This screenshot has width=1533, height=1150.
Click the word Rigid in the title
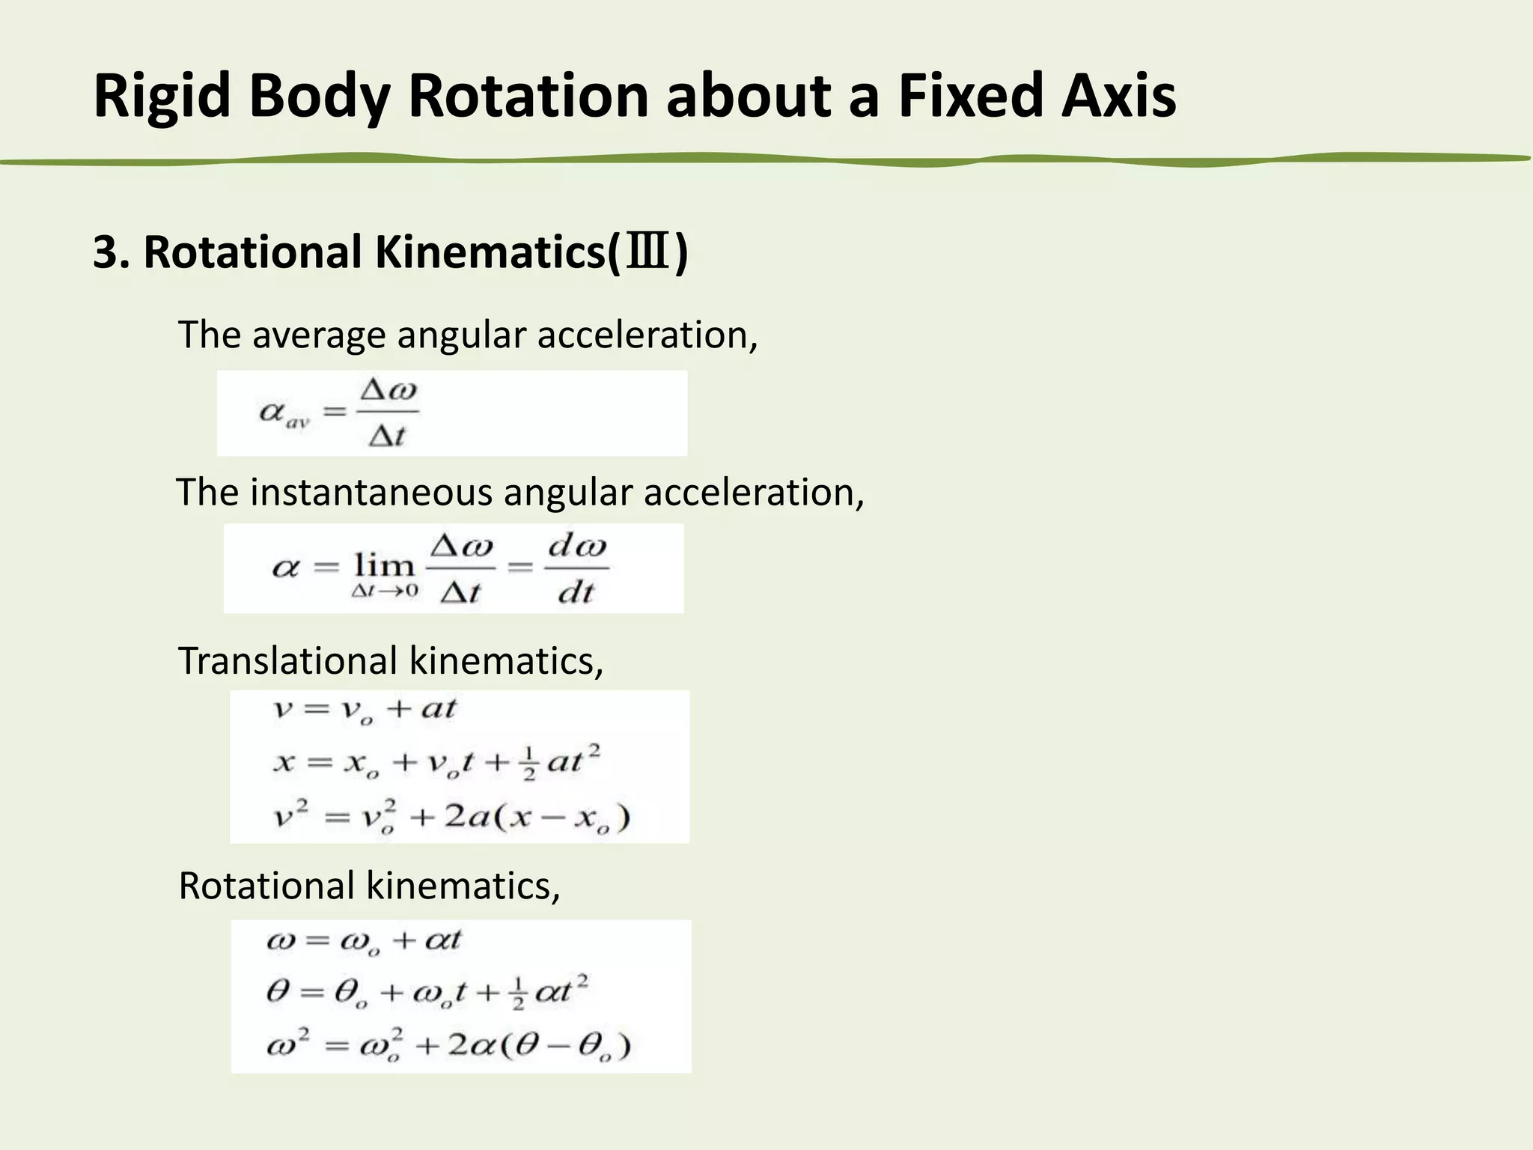coord(162,97)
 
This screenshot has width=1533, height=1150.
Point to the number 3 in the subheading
coord(105,253)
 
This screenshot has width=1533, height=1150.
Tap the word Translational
coord(287,661)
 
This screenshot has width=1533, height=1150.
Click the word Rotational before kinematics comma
coord(266,886)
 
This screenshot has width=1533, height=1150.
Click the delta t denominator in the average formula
coord(386,435)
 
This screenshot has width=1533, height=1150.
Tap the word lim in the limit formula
coord(384,566)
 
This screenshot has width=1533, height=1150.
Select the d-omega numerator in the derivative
coord(576,547)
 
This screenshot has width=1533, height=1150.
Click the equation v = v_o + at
coord(363,709)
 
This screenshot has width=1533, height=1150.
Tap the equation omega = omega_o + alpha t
coord(364,940)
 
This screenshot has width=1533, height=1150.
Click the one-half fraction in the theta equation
coord(518,994)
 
